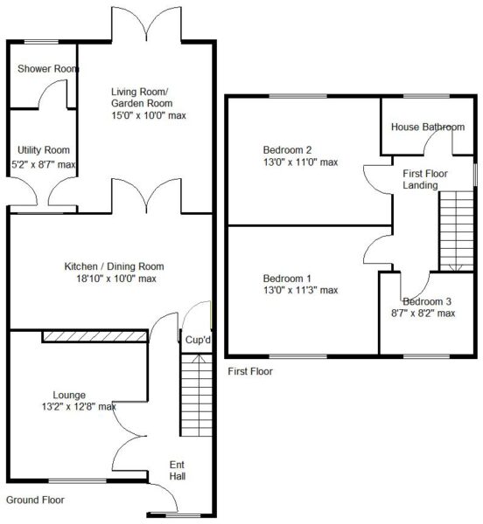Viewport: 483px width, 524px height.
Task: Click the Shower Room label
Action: [x=48, y=68]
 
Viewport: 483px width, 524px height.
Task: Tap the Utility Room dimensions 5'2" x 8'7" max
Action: [x=44, y=164]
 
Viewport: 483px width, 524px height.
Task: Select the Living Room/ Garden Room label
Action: [x=142, y=97]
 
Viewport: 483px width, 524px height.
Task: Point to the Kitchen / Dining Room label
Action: [x=114, y=266]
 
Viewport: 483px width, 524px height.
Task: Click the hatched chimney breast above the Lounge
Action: [x=95, y=336]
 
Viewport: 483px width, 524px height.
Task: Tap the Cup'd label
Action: [x=198, y=340]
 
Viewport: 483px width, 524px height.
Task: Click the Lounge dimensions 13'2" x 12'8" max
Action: [x=79, y=407]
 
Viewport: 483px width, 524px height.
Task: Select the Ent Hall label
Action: [x=177, y=470]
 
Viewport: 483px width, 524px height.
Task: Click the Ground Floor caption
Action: [x=35, y=500]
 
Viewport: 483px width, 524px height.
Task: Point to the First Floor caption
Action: [x=250, y=371]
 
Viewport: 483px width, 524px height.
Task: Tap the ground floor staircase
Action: [x=197, y=395]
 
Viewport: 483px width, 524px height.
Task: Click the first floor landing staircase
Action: [x=456, y=231]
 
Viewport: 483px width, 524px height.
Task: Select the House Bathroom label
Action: [x=428, y=127]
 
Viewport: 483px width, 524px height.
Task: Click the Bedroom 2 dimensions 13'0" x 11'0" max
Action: [x=301, y=162]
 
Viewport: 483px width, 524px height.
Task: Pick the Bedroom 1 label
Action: [x=287, y=278]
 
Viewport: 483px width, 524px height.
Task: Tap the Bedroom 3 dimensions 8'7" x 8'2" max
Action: [x=423, y=314]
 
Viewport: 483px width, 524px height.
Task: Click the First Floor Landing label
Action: [x=424, y=179]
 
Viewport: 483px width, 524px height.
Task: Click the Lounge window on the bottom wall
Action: [x=78, y=481]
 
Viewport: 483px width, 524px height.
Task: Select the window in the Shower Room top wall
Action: [x=42, y=42]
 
